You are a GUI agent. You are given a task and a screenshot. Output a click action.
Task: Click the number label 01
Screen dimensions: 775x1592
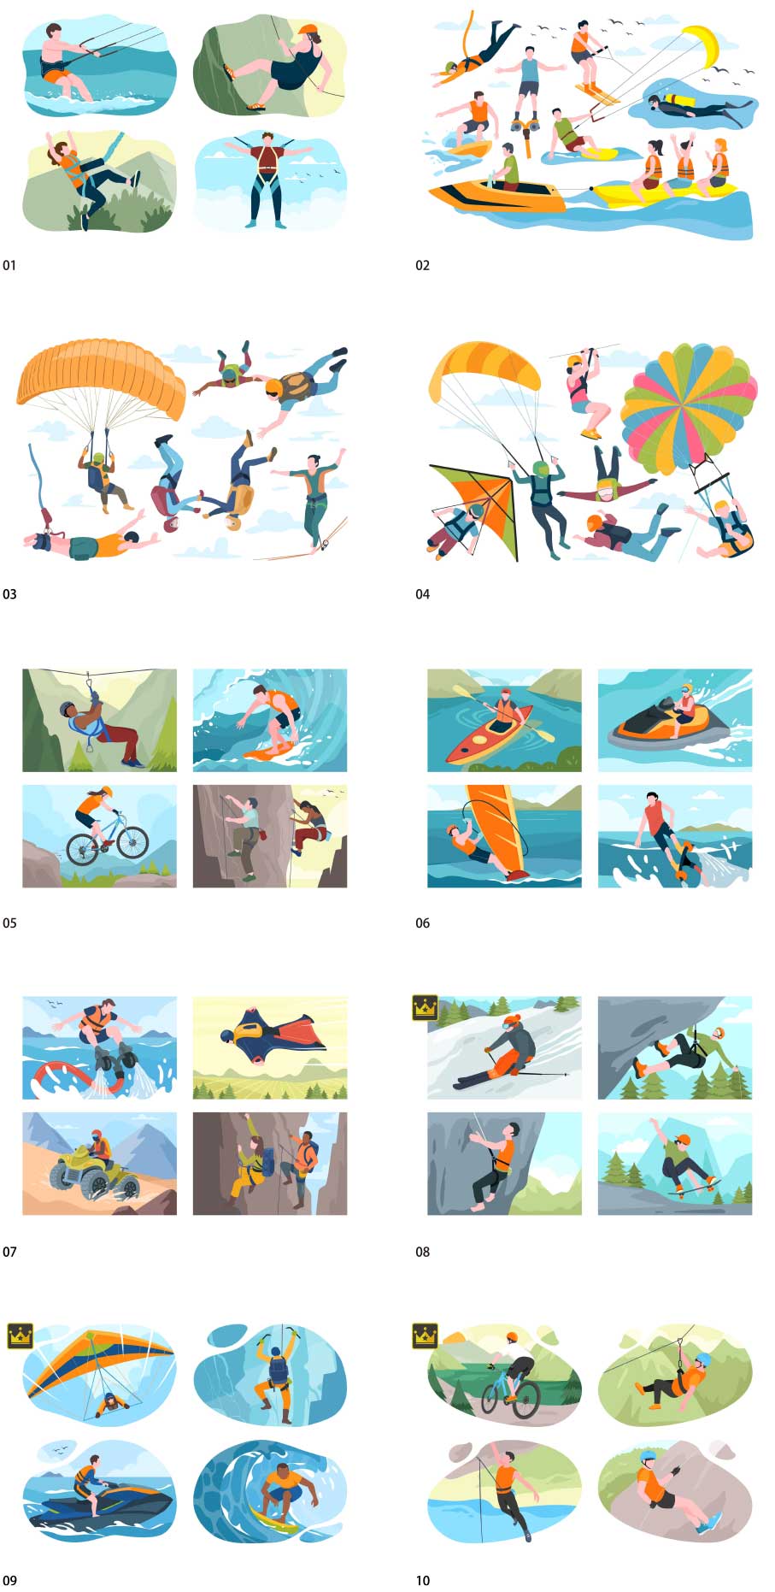tap(9, 265)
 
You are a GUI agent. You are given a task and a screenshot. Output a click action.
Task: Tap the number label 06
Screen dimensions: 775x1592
tap(423, 923)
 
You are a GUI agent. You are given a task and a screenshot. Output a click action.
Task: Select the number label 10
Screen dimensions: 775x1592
tap(423, 1580)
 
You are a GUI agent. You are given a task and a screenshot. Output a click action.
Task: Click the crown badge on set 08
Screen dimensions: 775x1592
tap(425, 1006)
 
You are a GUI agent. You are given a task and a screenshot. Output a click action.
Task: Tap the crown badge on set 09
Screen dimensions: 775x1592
tap(20, 1335)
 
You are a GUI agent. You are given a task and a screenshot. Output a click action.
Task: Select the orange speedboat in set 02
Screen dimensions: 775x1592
tap(496, 197)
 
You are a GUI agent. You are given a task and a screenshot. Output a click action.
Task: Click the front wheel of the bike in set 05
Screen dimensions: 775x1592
tap(132, 842)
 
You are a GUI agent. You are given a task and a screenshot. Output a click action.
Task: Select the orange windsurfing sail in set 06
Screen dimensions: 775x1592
tap(496, 827)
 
